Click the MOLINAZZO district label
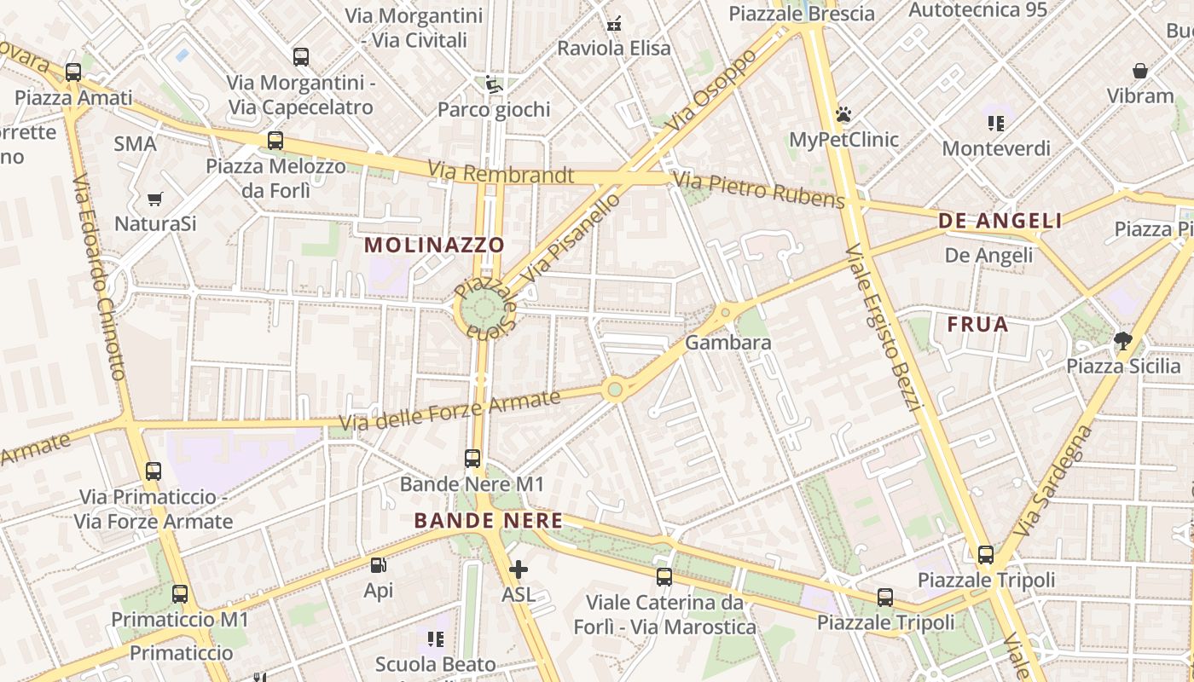[x=435, y=245]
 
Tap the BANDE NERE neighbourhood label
[x=489, y=520]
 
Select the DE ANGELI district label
[x=1000, y=221]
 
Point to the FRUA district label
[x=978, y=324]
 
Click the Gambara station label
[x=728, y=343]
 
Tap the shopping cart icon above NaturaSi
[x=154, y=199]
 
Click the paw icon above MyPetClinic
[x=844, y=114]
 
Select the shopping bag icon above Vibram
[x=1140, y=71]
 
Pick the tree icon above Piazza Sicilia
[x=1123, y=341]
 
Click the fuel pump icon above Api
[x=378, y=564]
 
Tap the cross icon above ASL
[x=518, y=569]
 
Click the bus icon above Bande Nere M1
[x=472, y=458]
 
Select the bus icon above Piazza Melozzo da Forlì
[x=275, y=141]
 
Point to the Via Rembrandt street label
[x=501, y=173]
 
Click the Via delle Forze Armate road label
[x=449, y=410]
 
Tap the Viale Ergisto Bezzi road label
[x=881, y=327]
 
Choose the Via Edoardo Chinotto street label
[x=100, y=277]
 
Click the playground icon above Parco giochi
[x=493, y=84]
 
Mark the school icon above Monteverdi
[x=995, y=123]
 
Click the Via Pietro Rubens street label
[x=758, y=190]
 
